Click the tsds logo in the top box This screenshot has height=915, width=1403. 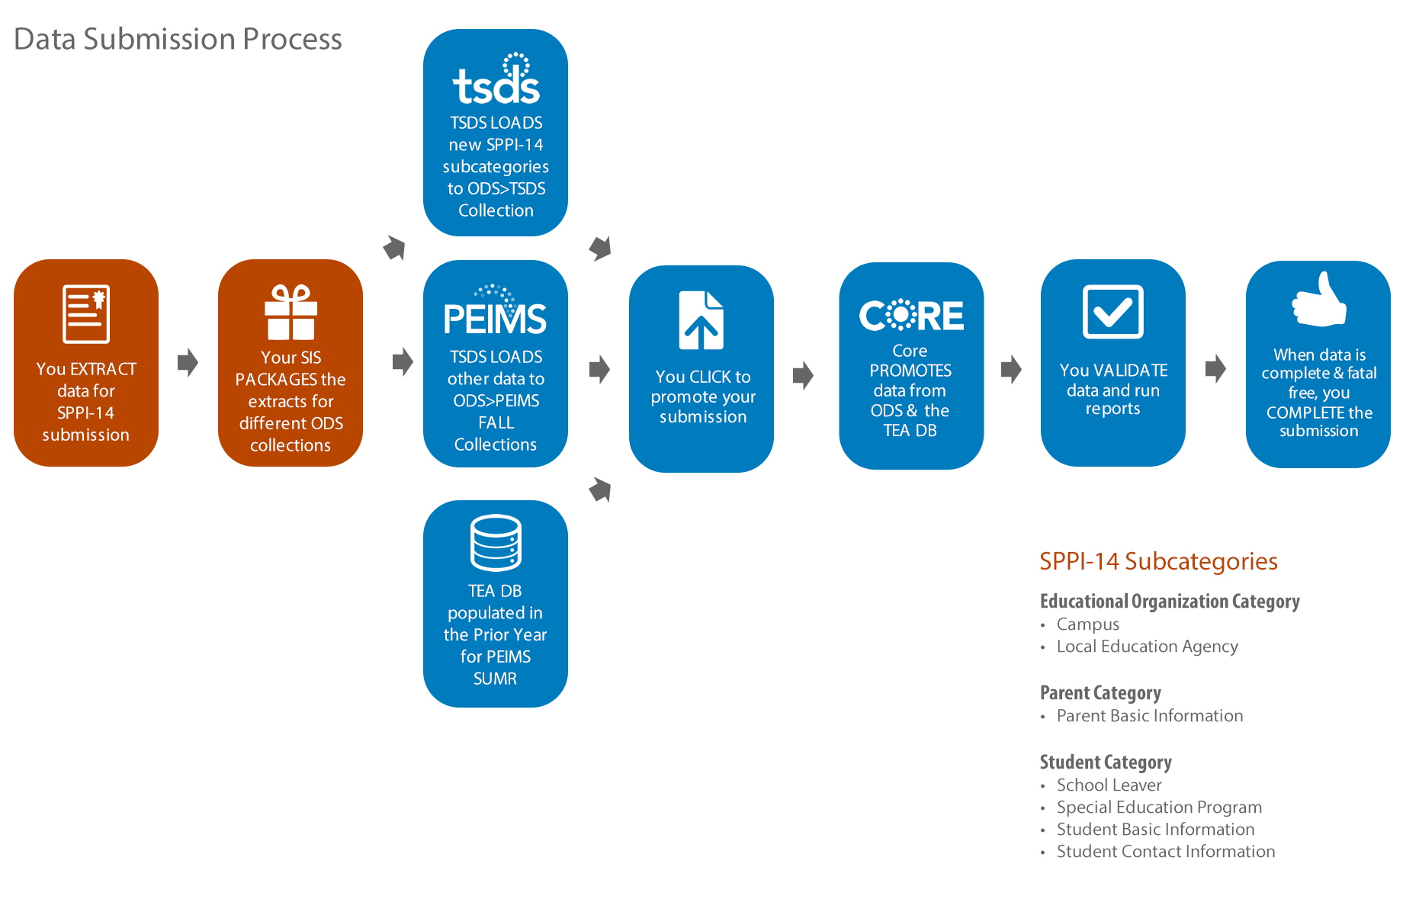click(x=496, y=79)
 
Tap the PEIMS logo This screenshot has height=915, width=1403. click(x=495, y=310)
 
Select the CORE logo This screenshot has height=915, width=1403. click(x=911, y=315)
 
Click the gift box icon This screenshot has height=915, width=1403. click(x=291, y=312)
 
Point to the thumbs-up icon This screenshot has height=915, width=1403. click(x=1319, y=300)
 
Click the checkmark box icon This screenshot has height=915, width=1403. click(x=1113, y=311)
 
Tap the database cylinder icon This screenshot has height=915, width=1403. click(x=496, y=543)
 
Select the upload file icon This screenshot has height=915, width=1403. click(x=701, y=320)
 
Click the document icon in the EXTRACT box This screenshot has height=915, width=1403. click(x=86, y=314)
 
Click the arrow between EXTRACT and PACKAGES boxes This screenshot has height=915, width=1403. click(x=188, y=362)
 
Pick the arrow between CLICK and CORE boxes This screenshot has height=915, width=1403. click(x=803, y=375)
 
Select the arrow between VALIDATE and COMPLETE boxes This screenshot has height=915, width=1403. click(x=1215, y=369)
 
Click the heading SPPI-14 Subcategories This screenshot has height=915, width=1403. click(x=1158, y=561)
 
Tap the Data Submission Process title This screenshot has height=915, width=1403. click(x=178, y=39)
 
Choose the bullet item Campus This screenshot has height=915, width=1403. click(x=1088, y=624)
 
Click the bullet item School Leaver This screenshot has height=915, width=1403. click(x=1109, y=785)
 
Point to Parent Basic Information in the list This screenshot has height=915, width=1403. click(x=1150, y=716)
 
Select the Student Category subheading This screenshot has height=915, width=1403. click(x=1106, y=762)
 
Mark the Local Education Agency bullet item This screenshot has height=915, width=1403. click(x=1148, y=647)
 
